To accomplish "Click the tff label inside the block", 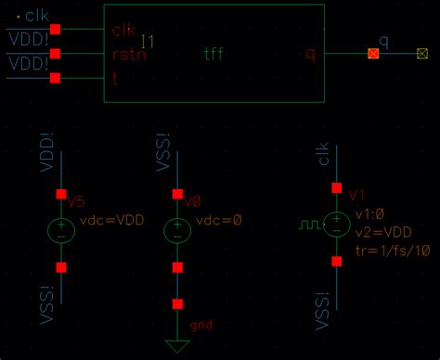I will click(x=214, y=54).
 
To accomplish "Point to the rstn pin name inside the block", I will click(x=129, y=55).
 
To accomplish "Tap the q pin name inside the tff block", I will click(x=311, y=54).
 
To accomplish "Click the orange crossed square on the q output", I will click(x=373, y=54).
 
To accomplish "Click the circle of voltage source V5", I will click(x=61, y=229).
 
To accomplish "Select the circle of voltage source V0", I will click(x=177, y=229).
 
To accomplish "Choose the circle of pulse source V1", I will click(x=337, y=225).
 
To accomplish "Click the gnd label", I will click(x=201, y=326).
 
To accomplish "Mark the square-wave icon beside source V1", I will click(x=308, y=225).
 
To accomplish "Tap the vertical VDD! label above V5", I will click(x=47, y=165).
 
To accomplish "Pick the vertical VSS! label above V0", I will click(x=163, y=165).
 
